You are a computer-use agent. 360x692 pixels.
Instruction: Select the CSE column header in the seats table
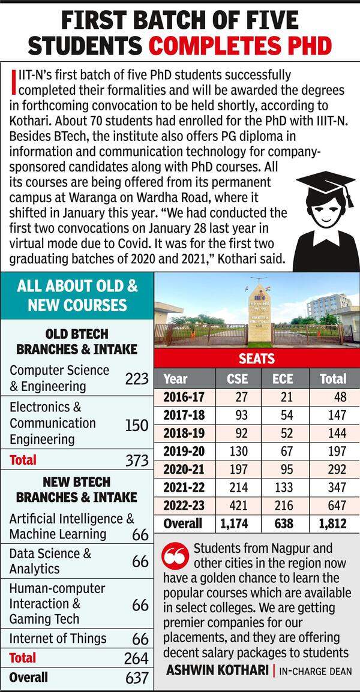(238, 378)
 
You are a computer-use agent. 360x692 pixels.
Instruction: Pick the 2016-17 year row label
(184, 396)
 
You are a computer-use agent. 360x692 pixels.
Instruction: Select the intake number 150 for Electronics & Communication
(137, 425)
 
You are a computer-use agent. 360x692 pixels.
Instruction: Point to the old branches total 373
(137, 461)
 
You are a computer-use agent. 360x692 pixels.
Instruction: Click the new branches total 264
(137, 658)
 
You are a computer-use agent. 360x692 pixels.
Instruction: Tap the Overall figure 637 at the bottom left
(137, 678)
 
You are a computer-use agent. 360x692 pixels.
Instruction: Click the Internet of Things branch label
(58, 638)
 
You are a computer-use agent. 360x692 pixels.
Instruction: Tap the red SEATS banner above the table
(257, 359)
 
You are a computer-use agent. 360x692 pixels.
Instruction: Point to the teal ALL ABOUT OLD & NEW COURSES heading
(77, 294)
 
